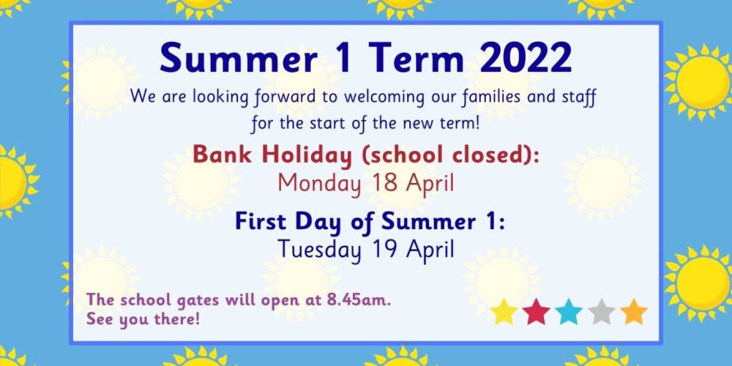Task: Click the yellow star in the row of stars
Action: [504, 312]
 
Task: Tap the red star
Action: [536, 312]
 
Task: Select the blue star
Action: [569, 312]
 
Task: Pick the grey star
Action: [601, 312]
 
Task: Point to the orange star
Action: [633, 312]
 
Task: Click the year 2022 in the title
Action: [525, 59]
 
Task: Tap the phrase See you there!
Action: [143, 321]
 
